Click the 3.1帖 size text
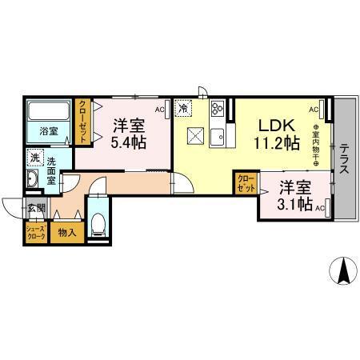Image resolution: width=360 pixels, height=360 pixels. pyautogui.click(x=294, y=206)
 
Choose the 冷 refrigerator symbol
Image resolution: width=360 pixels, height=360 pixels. pyautogui.click(x=183, y=107)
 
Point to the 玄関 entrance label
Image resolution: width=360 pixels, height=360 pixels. pyautogui.click(x=37, y=210)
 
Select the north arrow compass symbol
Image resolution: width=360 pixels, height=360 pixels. pyautogui.click(x=344, y=272)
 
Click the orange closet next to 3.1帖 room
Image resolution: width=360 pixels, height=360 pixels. pyautogui.click(x=246, y=183)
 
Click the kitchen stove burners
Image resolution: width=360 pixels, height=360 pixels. pyautogui.click(x=218, y=109)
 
